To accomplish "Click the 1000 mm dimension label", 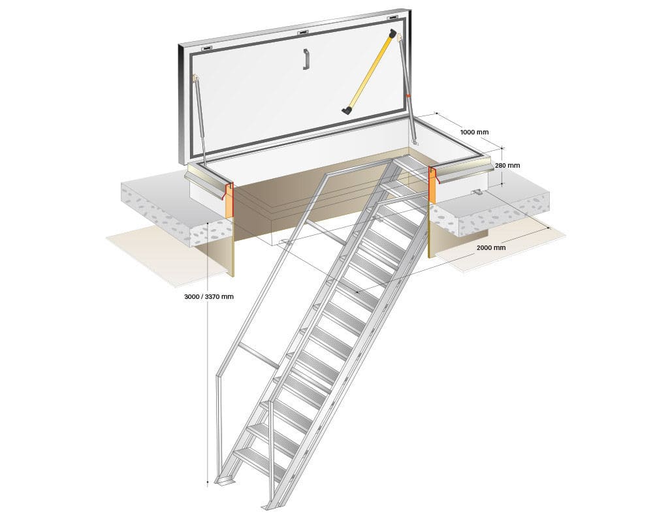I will tap(474, 132).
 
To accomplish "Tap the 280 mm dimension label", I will tap(507, 166).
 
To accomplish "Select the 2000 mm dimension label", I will tap(490, 247).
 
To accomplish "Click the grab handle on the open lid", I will tap(306, 59).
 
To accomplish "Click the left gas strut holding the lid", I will tap(200, 121).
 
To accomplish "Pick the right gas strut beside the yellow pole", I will tap(408, 98).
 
